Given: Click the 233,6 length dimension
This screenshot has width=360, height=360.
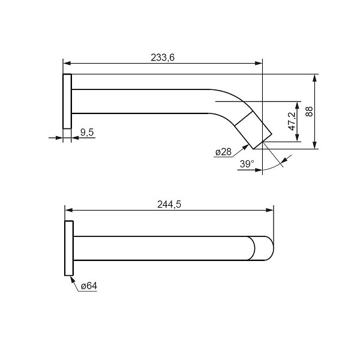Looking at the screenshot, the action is [163, 58].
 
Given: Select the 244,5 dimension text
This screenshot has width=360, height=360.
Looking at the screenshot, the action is [169, 204].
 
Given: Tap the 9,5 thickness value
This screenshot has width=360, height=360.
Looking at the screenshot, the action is [87, 132].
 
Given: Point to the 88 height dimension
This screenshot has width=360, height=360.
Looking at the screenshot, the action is [309, 112].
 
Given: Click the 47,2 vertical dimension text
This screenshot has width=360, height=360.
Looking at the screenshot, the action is [292, 121].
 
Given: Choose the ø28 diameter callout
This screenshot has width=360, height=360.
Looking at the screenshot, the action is [223, 152].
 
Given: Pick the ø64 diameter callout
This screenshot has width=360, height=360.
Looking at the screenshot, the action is [89, 286].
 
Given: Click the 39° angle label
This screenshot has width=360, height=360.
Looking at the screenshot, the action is [247, 164].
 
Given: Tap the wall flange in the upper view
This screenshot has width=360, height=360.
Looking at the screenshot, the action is [67, 101].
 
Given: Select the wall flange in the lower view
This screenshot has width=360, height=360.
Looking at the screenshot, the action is [69, 248].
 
